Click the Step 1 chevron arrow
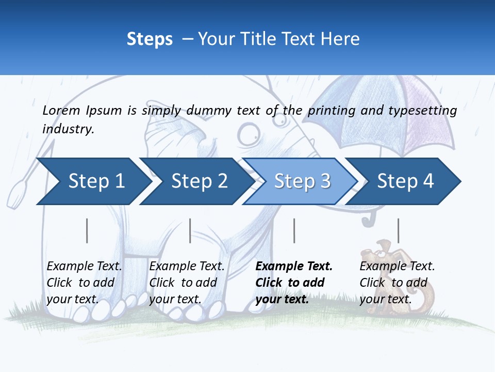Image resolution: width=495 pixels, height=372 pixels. pyautogui.click(x=93, y=181)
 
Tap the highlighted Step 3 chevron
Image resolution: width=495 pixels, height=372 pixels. pyautogui.click(x=302, y=181)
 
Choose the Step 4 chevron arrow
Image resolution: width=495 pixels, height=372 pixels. pyautogui.click(x=405, y=181)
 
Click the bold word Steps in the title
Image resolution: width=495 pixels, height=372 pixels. pyautogui.click(x=150, y=39)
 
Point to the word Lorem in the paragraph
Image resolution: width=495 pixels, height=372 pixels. pyautogui.click(x=61, y=110)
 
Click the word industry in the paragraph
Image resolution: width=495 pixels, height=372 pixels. pyautogui.click(x=68, y=129)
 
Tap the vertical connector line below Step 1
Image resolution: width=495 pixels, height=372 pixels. pyautogui.click(x=87, y=230)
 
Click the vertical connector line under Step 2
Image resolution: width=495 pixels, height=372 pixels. pyautogui.click(x=190, y=230)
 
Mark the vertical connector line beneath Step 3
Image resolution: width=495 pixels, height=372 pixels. pyautogui.click(x=294, y=230)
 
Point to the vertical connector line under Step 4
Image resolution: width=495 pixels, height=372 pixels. pyautogui.click(x=398, y=230)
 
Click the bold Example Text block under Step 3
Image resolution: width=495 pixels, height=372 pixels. pyautogui.click(x=293, y=283)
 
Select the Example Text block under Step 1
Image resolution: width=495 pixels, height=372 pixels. pyautogui.click(x=84, y=283)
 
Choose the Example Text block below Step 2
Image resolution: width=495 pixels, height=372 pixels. pyautogui.click(x=187, y=283)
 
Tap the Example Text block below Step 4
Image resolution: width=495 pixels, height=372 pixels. pyautogui.click(x=397, y=283)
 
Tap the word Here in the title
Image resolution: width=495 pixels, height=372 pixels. pyautogui.click(x=340, y=39)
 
